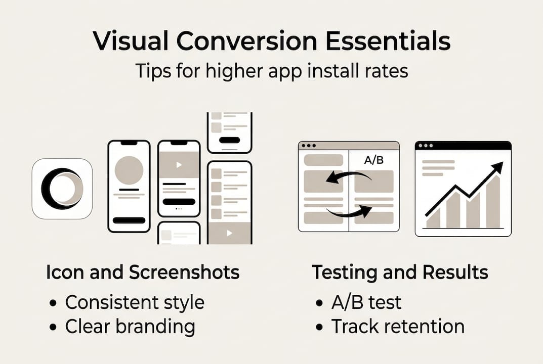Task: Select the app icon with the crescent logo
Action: tap(62, 189)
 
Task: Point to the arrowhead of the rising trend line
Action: tap(499, 166)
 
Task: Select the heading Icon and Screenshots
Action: tap(142, 272)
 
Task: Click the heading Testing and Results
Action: tap(400, 272)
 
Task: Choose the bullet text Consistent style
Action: tap(135, 302)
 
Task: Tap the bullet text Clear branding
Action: tap(130, 327)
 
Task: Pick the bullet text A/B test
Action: tap(366, 302)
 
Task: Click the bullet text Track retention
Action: tap(398, 327)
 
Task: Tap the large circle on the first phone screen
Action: tap(129, 170)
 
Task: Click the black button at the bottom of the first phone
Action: tap(129, 220)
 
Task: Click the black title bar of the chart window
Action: tap(463, 146)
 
